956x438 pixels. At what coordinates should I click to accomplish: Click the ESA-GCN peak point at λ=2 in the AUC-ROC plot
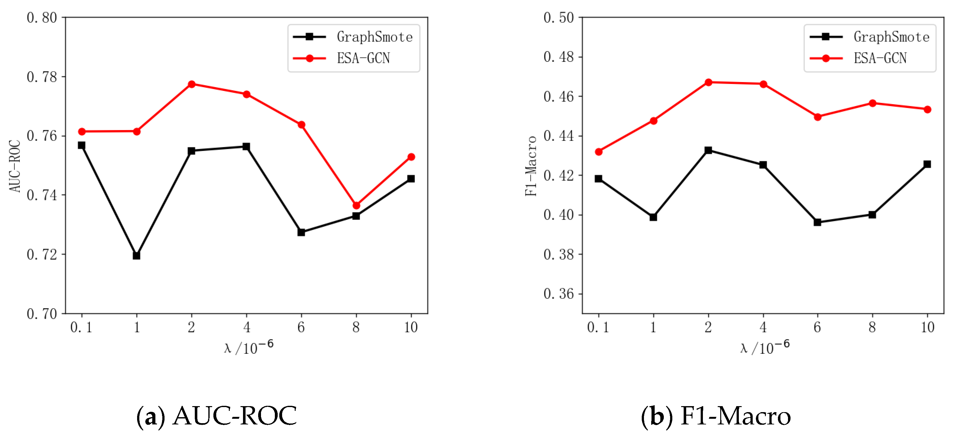(192, 84)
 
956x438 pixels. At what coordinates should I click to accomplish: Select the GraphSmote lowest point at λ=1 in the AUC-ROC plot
(136, 256)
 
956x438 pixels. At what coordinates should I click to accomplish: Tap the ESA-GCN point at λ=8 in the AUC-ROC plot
(356, 205)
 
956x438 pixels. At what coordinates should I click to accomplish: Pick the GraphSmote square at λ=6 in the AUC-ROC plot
(301, 232)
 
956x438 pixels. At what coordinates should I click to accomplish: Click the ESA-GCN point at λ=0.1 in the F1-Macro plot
(599, 151)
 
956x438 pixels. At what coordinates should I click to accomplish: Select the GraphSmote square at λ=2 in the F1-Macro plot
(708, 150)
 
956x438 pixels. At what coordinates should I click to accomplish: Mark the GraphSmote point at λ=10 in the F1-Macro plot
(927, 164)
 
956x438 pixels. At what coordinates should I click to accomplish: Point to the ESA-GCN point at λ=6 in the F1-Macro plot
(818, 117)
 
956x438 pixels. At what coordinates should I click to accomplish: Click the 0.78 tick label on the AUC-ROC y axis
(42, 77)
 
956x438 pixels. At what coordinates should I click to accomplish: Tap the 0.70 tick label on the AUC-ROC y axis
(42, 314)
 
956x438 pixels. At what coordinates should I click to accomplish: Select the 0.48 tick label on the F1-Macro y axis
(559, 57)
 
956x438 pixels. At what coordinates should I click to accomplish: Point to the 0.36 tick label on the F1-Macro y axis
(559, 294)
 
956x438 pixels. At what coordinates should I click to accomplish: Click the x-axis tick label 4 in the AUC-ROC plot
(247, 327)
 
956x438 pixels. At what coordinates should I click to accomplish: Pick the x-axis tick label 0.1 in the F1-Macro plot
(598, 327)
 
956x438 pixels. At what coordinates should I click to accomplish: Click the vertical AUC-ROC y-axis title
(15, 166)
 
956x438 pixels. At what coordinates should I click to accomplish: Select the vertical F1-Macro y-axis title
(531, 166)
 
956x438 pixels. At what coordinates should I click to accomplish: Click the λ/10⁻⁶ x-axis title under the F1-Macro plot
(764, 347)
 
